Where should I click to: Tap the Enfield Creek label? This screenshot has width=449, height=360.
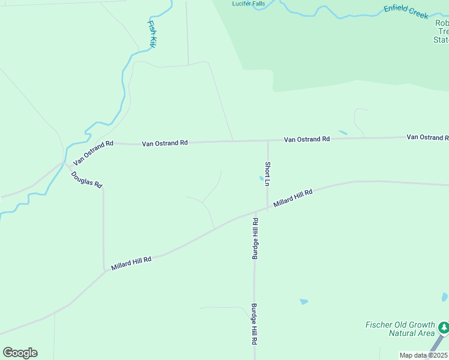pyautogui.click(x=406, y=11)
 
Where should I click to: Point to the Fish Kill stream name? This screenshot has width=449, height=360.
pyautogui.click(x=152, y=34)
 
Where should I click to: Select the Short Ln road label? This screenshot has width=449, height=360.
pyautogui.click(x=268, y=173)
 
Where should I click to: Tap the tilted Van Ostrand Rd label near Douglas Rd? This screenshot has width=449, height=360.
pyautogui.click(x=93, y=154)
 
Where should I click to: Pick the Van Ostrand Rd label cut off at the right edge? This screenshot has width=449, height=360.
pyautogui.click(x=427, y=137)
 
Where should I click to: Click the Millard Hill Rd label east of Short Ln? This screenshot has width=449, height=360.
pyautogui.click(x=293, y=199)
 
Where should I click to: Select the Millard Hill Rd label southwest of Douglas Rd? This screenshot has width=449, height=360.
pyautogui.click(x=131, y=262)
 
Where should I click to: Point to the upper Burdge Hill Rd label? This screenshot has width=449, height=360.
pyautogui.click(x=255, y=238)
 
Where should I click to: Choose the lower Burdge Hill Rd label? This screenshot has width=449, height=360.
pyautogui.click(x=255, y=323)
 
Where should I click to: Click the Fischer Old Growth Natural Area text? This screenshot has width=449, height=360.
pyautogui.click(x=399, y=329)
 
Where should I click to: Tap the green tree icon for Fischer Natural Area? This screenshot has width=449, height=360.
pyautogui.click(x=444, y=328)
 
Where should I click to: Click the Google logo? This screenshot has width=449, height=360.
pyautogui.click(x=20, y=353)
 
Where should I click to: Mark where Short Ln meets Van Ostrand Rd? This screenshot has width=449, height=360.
pyautogui.click(x=268, y=141)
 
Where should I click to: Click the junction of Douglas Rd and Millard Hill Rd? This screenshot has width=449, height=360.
pyautogui.click(x=104, y=271)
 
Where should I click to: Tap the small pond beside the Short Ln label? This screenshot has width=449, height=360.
pyautogui.click(x=261, y=178)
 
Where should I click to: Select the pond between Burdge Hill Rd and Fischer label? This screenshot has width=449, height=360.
pyautogui.click(x=304, y=301)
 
